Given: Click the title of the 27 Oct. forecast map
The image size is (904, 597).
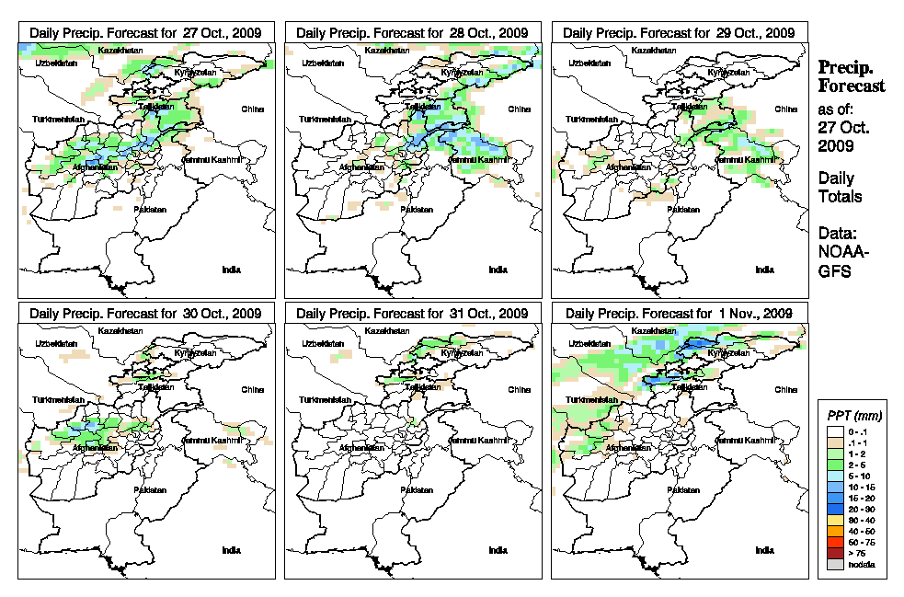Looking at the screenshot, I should [x=144, y=32].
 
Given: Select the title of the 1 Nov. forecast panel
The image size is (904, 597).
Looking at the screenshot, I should [x=678, y=314].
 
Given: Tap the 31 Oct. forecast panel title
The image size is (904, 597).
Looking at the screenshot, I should [x=411, y=314].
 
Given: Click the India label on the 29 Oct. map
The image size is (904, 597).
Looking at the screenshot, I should [x=764, y=270].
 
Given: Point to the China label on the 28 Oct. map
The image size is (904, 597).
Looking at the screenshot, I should [x=519, y=109].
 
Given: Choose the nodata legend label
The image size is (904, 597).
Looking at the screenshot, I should [x=866, y=564].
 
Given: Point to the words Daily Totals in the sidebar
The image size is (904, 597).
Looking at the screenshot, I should [x=840, y=187].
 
